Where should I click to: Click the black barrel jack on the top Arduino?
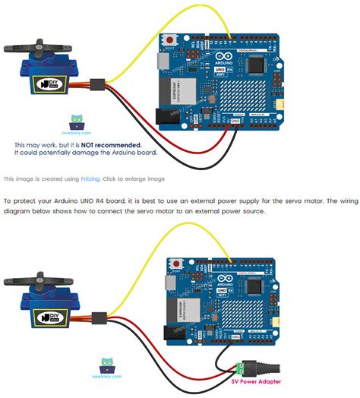coord(166,115)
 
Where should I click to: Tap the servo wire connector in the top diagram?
coord(97,84)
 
